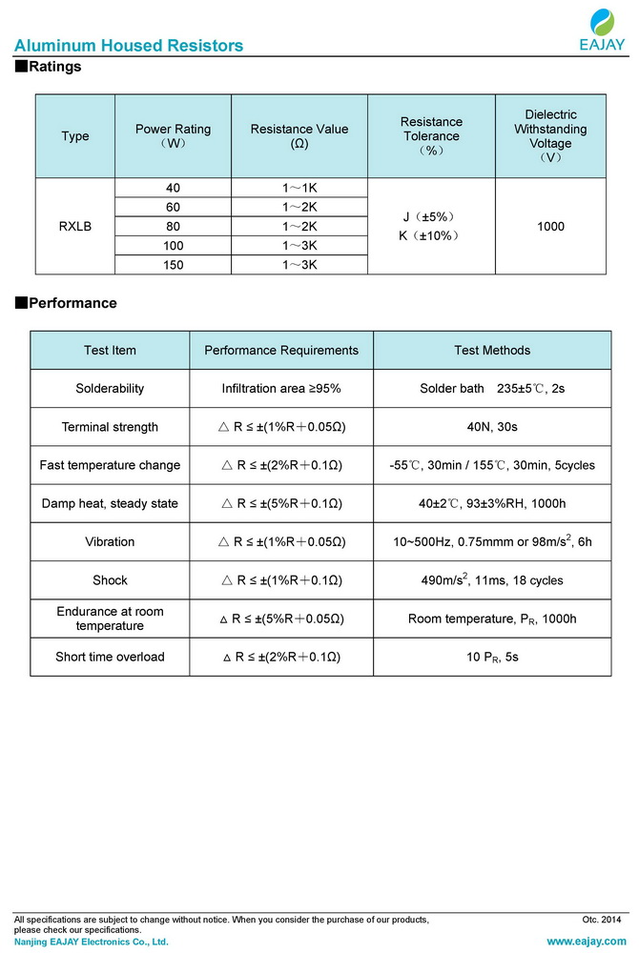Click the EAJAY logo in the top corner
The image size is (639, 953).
coord(602,29)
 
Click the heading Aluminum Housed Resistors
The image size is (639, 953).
coord(129,46)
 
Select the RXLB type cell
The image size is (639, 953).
coord(75,226)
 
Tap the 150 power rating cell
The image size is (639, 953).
coord(174,264)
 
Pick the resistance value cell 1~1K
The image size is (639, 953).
coord(299,188)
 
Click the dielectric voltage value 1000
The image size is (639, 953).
coord(550,226)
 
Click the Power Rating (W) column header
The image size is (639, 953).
coord(174,135)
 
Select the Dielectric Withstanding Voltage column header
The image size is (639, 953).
coord(550,135)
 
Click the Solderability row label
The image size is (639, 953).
coord(111,389)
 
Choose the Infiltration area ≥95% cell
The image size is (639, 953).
coord(281,389)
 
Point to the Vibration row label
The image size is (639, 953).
coord(111,541)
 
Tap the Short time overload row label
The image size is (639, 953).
coord(111,657)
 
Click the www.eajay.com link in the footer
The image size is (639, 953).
coord(586,942)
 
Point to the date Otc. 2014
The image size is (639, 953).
coord(601,920)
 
